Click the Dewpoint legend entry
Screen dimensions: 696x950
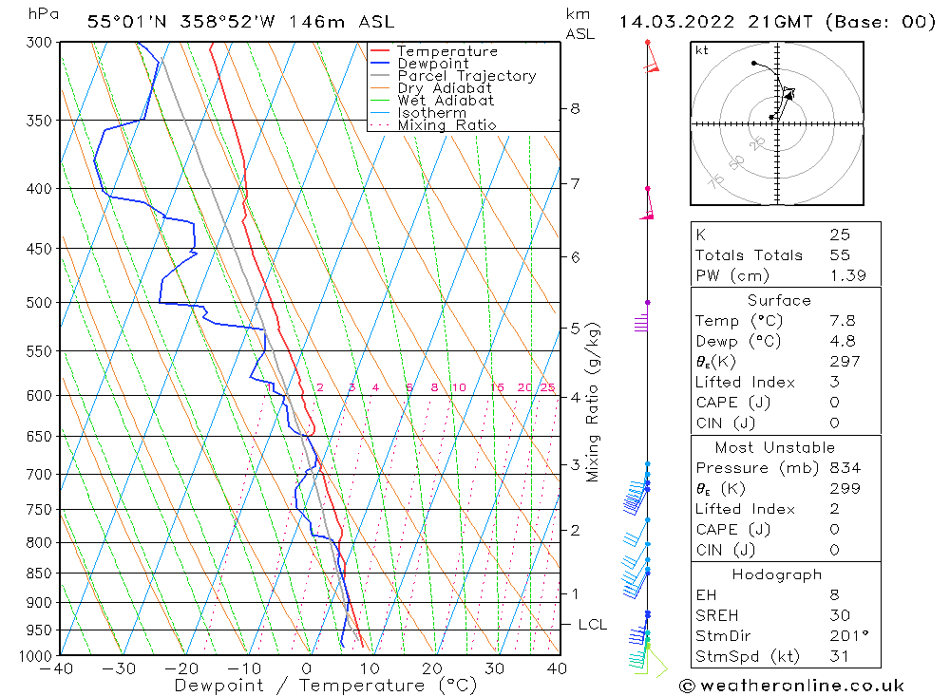[x=432, y=64]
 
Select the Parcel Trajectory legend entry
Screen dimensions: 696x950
[x=466, y=76]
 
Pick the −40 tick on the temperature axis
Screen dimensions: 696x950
[x=59, y=668]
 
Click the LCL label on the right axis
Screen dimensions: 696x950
[x=592, y=625]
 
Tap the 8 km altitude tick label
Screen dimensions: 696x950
[x=575, y=109]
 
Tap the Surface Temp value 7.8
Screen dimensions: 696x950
[x=842, y=321]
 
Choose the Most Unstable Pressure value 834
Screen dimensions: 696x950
[x=845, y=468]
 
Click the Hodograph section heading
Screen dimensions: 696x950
[x=777, y=574]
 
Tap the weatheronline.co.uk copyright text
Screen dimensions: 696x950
[x=791, y=686]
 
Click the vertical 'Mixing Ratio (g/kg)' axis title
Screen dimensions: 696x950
[x=594, y=403]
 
